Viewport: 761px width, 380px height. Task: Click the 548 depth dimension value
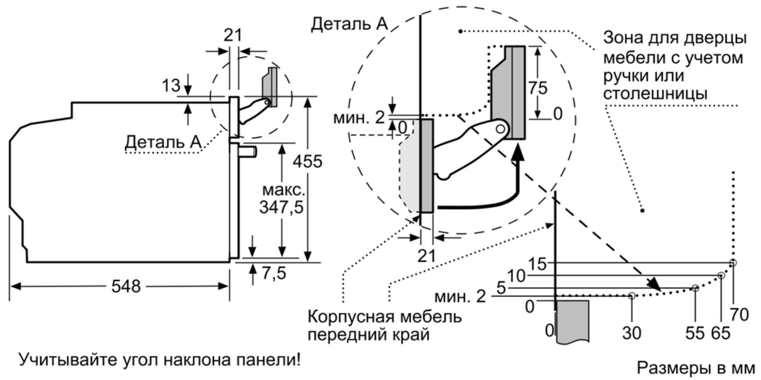click(x=126, y=286)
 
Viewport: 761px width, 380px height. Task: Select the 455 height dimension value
click(x=307, y=161)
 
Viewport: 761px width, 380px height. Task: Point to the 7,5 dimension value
click(x=274, y=273)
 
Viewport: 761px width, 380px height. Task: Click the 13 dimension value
click(x=171, y=85)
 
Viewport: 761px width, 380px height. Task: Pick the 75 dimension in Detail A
click(x=538, y=88)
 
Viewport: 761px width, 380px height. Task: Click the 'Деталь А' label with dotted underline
click(x=163, y=142)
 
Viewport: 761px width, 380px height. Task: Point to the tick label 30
click(x=632, y=333)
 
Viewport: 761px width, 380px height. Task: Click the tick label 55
click(x=695, y=333)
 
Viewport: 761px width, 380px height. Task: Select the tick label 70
click(x=739, y=315)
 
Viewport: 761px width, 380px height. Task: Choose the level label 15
click(x=537, y=264)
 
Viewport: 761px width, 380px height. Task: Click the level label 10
click(x=516, y=276)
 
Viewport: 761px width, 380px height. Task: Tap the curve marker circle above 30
click(x=632, y=295)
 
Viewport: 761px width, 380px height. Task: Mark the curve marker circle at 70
click(x=733, y=263)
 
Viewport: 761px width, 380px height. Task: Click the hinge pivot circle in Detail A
click(x=500, y=129)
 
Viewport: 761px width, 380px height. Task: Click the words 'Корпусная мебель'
click(x=384, y=316)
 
